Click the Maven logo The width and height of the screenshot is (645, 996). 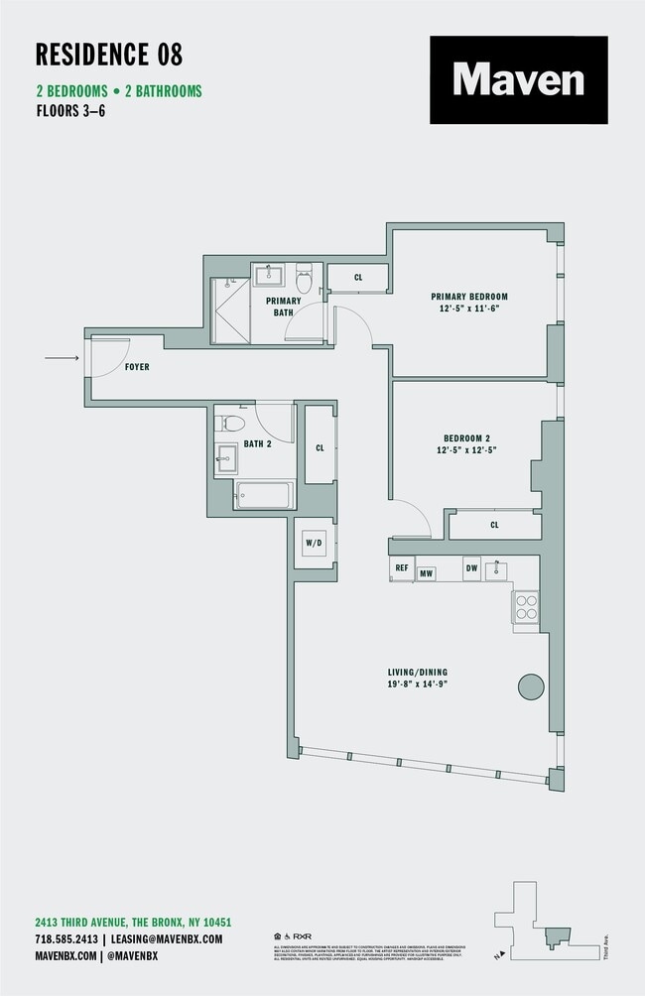tap(518, 79)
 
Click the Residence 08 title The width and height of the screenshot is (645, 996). tap(109, 54)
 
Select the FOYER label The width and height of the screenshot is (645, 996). tap(137, 367)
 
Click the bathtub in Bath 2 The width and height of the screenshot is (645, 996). tap(264, 493)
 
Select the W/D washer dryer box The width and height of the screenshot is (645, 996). tap(314, 544)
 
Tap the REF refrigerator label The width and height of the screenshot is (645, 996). tap(402, 568)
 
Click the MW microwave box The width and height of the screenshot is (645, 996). tap(427, 572)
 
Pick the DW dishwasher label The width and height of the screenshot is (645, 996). tap(471, 568)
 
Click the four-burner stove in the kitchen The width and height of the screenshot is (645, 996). tap(525, 606)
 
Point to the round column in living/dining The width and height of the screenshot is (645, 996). tap(531, 685)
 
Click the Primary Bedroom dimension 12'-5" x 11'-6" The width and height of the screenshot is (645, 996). tap(468, 309)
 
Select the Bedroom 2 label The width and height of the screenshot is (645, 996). tap(466, 437)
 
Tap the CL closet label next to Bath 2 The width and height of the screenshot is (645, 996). tap(320, 448)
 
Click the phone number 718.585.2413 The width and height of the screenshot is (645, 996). tap(66, 938)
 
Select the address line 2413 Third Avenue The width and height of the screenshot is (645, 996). tap(133, 922)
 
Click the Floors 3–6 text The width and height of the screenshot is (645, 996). tap(69, 111)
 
